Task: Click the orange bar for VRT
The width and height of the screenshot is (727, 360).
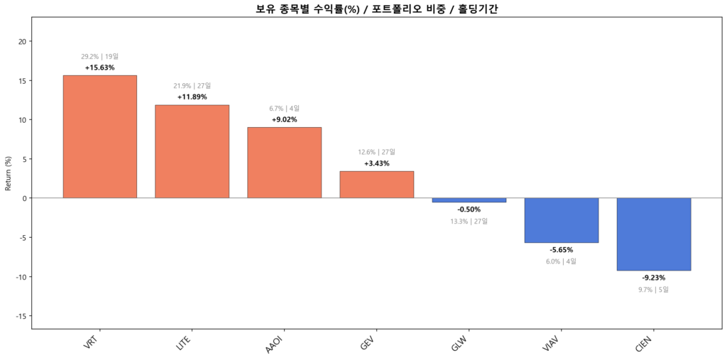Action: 99,136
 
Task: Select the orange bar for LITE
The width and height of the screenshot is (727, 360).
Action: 192,151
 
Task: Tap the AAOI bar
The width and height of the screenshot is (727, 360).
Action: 284,162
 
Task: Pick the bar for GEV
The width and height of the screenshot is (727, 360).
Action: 376,184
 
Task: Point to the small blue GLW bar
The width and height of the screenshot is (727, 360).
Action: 469,200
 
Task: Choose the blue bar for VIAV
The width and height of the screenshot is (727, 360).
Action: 561,220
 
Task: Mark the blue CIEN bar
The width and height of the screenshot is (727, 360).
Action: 653,234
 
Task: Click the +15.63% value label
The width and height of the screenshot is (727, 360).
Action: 99,67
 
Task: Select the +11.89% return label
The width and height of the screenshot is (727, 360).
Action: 192,97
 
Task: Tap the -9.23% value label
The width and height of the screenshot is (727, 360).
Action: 653,278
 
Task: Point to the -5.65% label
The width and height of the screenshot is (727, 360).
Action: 561,250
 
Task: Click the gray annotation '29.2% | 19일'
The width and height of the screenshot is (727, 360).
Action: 99,56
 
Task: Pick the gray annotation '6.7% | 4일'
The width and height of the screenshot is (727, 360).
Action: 284,109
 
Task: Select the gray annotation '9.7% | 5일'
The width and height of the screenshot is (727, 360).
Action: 653,289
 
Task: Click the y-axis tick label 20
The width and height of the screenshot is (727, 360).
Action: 22,41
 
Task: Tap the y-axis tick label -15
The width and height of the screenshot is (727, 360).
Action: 20,316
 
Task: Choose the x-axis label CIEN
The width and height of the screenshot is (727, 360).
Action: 643,347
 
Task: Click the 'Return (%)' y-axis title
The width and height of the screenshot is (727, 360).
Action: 9,173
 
